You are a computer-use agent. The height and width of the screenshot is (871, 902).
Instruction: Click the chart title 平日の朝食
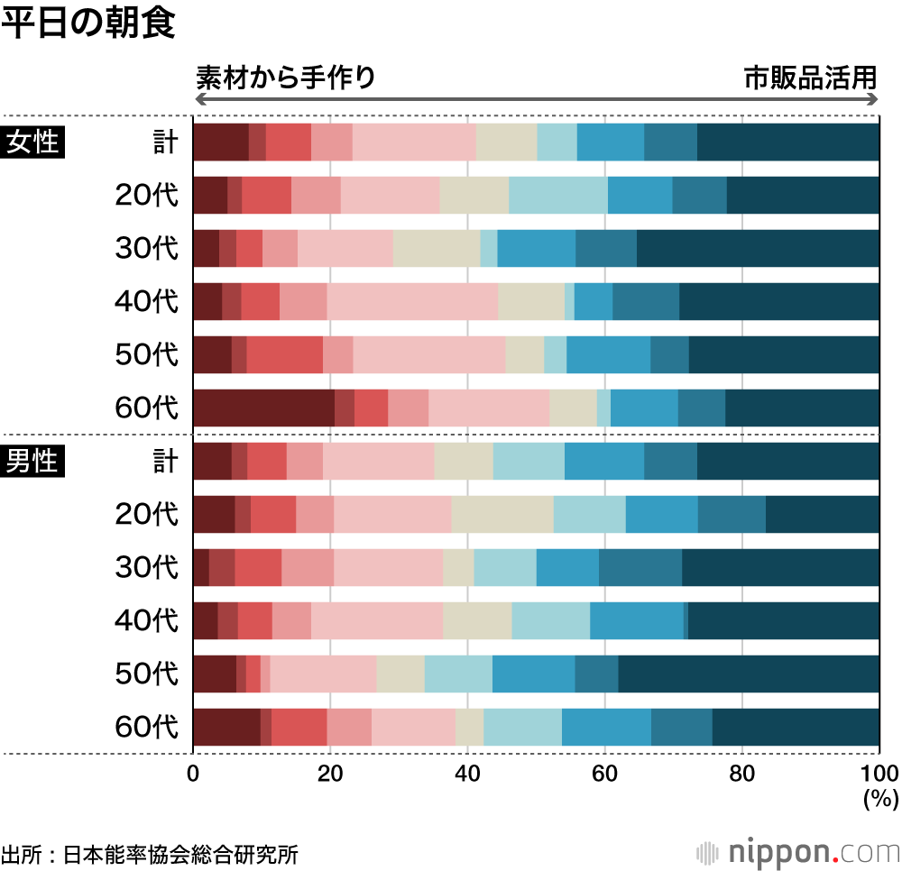(88, 24)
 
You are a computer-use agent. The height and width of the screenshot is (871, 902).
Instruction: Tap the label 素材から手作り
(285, 78)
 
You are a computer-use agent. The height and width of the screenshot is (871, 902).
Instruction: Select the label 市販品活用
(810, 78)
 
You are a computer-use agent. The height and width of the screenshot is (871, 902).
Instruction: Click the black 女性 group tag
(33, 142)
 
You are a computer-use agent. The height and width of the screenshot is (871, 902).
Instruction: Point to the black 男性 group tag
(33, 461)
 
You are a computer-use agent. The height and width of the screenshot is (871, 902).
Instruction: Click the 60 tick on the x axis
(604, 773)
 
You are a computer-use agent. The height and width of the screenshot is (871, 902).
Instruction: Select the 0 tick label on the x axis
(193, 773)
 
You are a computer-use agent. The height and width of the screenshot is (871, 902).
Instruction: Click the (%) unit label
(877, 797)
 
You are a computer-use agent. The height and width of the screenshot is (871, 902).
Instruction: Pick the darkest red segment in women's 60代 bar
(263, 408)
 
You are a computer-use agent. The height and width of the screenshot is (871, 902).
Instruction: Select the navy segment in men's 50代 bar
(749, 674)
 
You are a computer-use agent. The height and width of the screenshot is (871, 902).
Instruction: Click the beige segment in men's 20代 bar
(502, 514)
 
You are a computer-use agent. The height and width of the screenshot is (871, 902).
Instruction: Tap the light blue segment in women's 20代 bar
(557, 195)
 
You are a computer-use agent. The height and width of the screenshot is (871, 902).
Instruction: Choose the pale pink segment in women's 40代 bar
(412, 301)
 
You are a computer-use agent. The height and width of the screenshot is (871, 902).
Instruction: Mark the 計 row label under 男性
(165, 461)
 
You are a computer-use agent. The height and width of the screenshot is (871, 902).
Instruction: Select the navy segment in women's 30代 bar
(758, 248)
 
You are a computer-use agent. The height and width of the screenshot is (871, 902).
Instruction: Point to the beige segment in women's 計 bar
(506, 142)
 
